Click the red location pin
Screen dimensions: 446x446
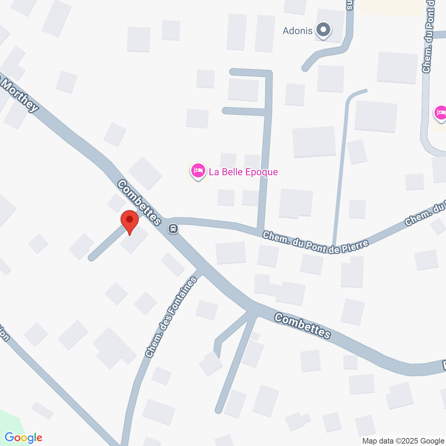130,221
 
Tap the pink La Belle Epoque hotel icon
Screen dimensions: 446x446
198,171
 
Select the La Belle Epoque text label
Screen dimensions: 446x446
243,172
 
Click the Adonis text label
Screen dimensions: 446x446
298,31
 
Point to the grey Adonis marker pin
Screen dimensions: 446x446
323,30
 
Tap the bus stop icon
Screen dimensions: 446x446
173,229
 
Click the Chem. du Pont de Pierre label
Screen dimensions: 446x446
315,243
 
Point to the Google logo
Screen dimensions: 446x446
23,438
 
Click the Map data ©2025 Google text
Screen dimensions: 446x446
403,441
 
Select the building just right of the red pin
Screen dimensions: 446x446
134,240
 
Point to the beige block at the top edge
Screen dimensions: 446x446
392,7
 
